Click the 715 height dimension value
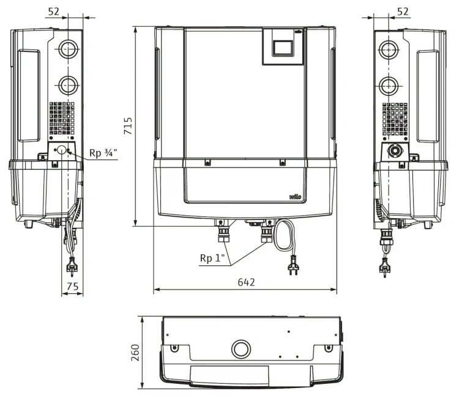(x=129, y=126)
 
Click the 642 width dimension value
(x=246, y=282)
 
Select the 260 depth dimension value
(x=135, y=353)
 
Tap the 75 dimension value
(x=72, y=286)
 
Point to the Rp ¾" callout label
(x=103, y=153)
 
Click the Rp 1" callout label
(x=212, y=258)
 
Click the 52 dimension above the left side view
(x=54, y=12)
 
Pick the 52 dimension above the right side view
(x=403, y=12)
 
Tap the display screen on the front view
(x=283, y=48)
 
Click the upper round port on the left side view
(x=68, y=49)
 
